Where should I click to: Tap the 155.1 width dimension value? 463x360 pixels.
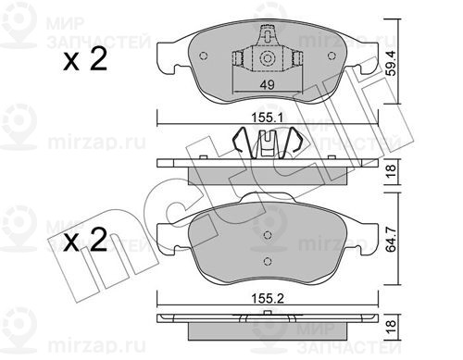[x=268, y=118]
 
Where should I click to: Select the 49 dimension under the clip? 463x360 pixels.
[x=267, y=84]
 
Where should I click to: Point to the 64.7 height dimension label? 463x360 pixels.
[x=392, y=239]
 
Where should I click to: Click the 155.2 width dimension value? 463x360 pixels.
[x=268, y=298]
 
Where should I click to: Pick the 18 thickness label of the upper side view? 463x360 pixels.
[x=392, y=171]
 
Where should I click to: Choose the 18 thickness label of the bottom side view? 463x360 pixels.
[x=392, y=328]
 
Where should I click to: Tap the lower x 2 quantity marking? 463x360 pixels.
[x=85, y=240]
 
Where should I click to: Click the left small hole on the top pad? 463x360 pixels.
[x=204, y=56]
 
